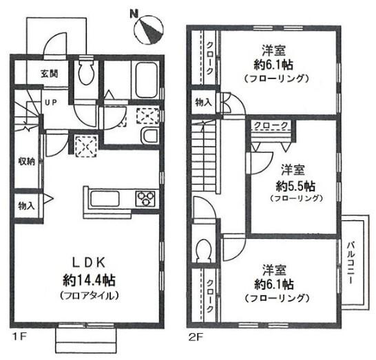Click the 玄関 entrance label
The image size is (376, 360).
(50, 74)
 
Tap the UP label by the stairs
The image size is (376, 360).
(51, 103)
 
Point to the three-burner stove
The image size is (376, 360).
(145, 199)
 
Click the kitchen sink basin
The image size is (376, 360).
(105, 198)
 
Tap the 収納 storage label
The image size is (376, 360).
(27, 161)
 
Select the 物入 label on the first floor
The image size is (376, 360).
(26, 205)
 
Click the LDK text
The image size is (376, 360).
(89, 263)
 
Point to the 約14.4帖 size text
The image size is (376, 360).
(89, 280)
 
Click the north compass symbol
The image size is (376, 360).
(149, 30)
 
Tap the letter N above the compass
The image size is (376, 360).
(134, 13)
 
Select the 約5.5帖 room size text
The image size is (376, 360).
(295, 186)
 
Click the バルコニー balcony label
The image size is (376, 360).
(351, 263)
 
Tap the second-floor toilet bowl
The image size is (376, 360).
(203, 249)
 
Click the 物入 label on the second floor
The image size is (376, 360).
(204, 103)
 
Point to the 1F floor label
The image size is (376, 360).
(19, 337)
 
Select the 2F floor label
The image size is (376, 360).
(196, 337)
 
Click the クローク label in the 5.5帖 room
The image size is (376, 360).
(271, 125)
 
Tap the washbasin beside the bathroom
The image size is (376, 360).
(150, 136)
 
